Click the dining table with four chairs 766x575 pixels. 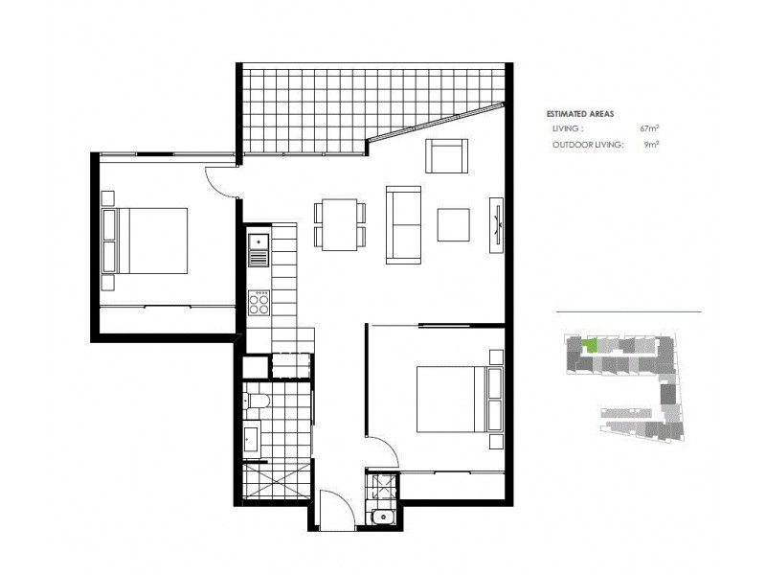tap(339, 224)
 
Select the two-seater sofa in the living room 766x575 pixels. tap(403, 224)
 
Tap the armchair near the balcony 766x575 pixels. tap(446, 156)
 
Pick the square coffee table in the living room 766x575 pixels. tap(454, 224)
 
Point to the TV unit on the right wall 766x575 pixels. tap(496, 225)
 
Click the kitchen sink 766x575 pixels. tap(258, 250)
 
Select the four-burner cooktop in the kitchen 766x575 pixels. tap(259, 303)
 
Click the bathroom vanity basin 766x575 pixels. tap(252, 439)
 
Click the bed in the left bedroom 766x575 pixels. tap(146, 241)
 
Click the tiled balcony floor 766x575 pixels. tap(316, 107)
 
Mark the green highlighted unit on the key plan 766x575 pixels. tap(592, 344)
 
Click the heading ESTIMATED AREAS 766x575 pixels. tap(580, 113)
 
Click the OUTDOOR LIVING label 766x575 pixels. tap(588, 145)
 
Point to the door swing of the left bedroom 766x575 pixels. tap(221, 182)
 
